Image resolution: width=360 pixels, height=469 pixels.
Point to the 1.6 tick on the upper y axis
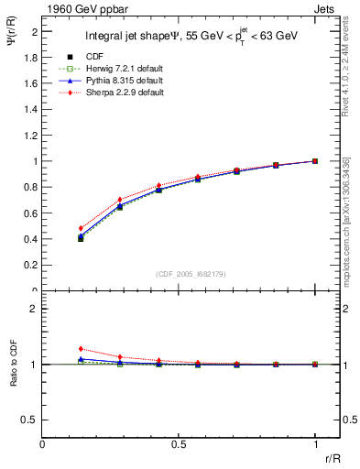[x=33, y=83]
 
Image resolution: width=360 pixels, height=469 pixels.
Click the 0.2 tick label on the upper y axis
[x=33, y=266]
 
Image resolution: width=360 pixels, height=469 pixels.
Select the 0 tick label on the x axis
[x=43, y=444]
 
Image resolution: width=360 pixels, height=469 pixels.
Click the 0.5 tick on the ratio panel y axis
[x=33, y=420]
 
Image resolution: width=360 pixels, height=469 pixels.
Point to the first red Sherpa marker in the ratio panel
[x=81, y=349]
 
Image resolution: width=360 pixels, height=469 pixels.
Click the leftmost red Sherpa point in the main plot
[x=81, y=228]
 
